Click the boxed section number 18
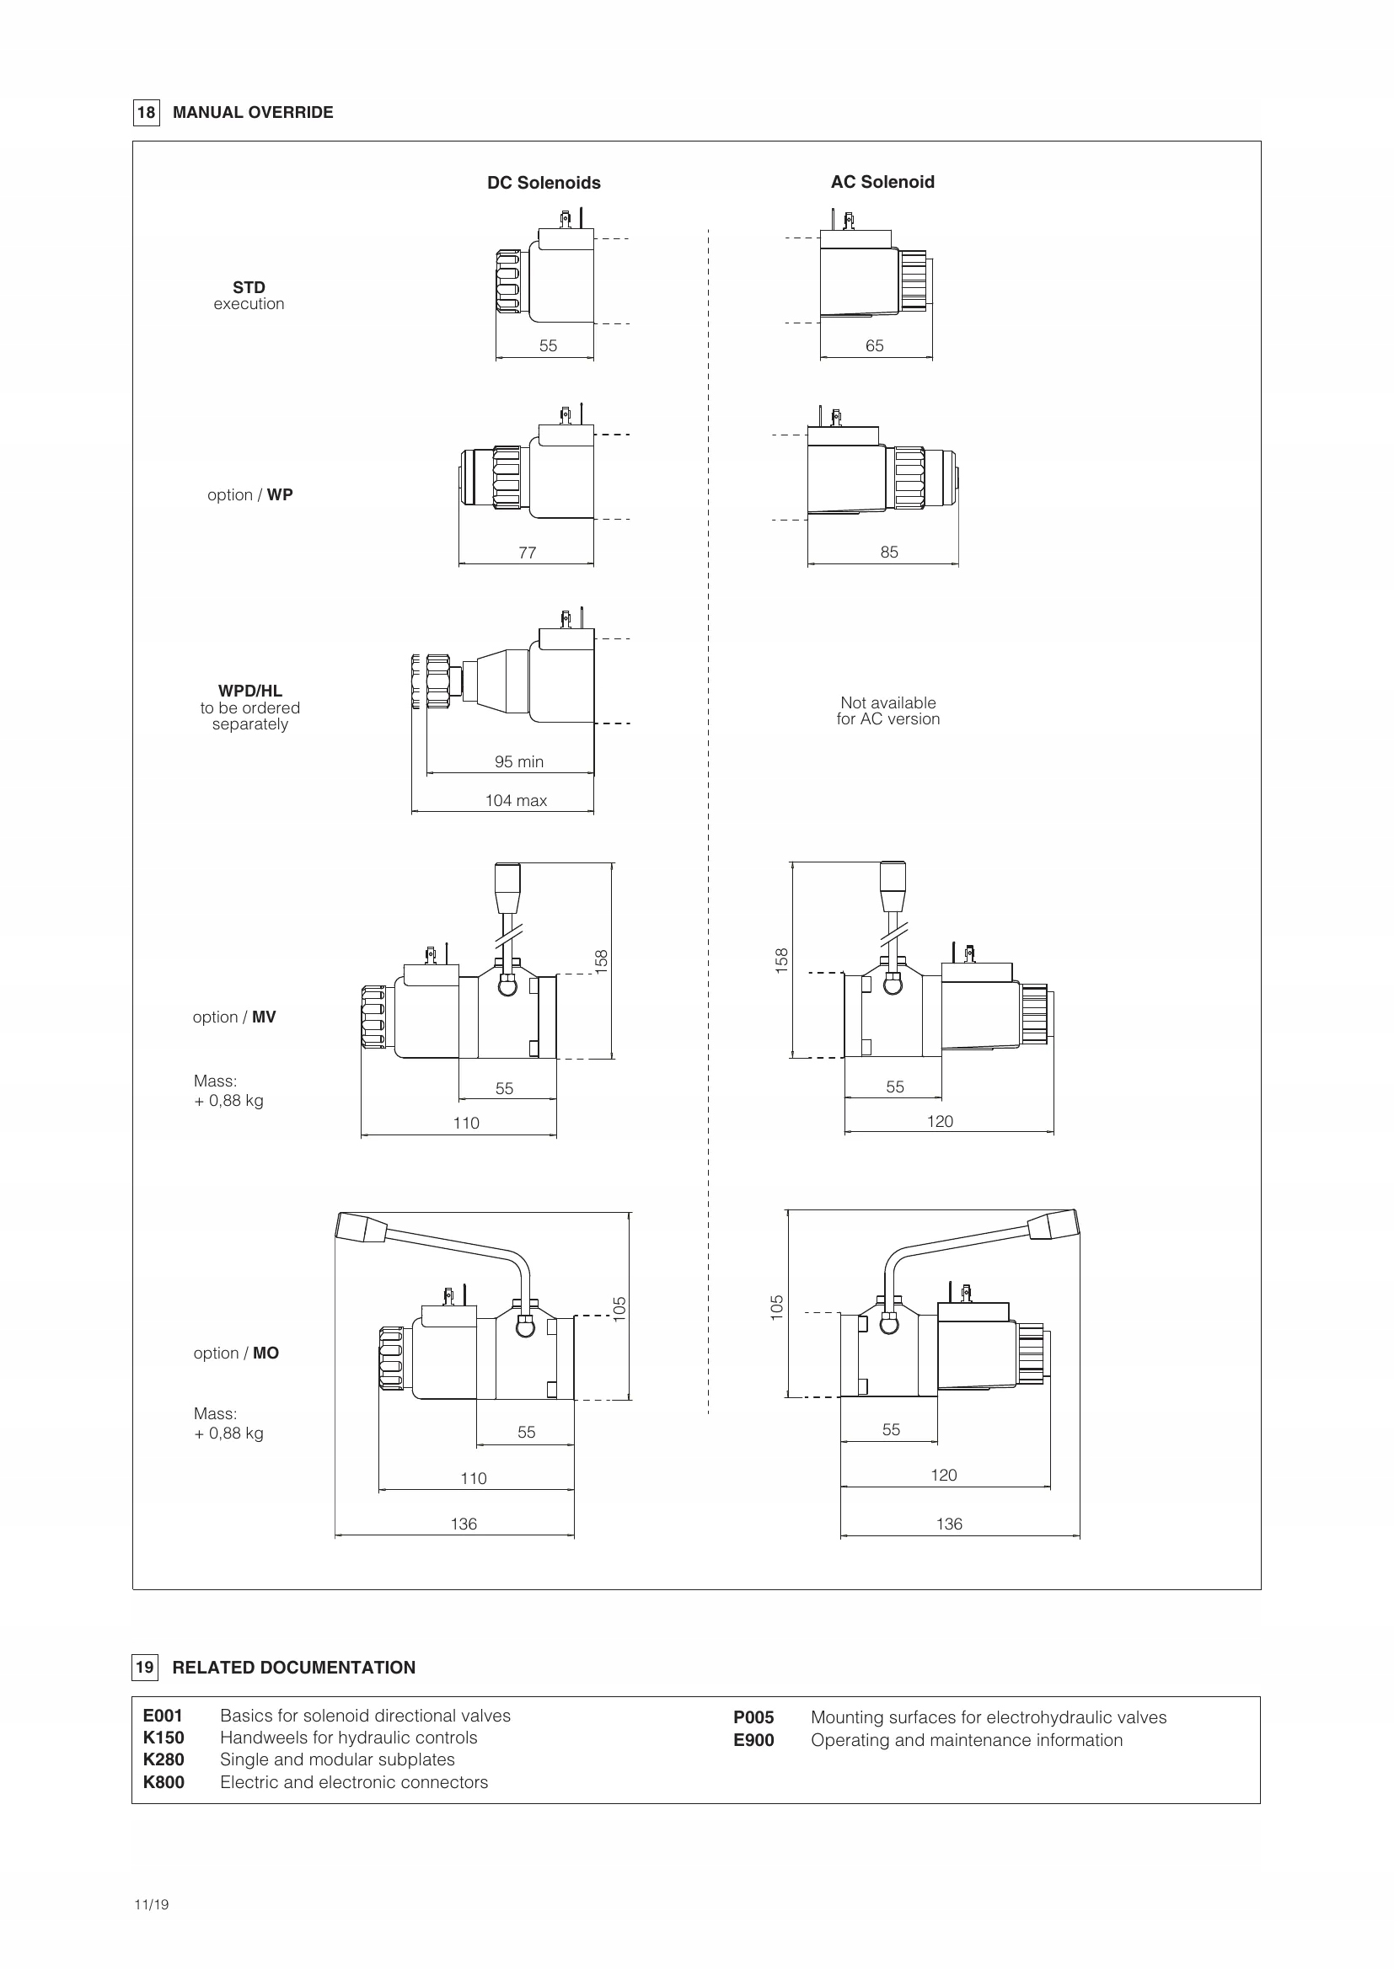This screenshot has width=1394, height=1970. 146,112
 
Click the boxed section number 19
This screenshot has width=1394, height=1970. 145,1667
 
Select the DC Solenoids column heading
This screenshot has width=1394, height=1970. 544,183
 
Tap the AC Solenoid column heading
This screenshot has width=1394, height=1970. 882,182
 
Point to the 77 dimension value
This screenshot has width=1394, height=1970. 527,553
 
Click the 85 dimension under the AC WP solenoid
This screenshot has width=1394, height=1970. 889,553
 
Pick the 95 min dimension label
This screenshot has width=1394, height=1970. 518,762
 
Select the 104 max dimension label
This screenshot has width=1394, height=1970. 516,800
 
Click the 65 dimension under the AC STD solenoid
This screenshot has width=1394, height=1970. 874,346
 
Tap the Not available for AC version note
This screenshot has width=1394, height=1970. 887,712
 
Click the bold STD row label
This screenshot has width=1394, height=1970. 249,287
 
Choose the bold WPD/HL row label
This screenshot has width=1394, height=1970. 249,691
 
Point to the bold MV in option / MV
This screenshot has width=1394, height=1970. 264,1017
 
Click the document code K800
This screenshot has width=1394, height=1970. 164,1782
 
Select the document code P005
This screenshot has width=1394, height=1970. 753,1716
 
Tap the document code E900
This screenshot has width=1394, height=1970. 753,1740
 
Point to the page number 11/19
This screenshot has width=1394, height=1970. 151,1905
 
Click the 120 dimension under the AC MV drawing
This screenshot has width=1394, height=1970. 940,1121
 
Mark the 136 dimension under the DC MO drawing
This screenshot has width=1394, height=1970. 464,1524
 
